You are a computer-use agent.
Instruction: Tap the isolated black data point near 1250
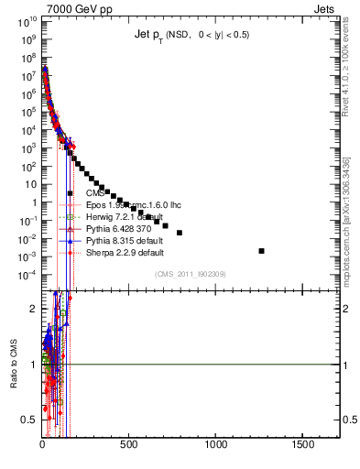click(262, 250)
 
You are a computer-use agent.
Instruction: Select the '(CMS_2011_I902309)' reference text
click(190, 274)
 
